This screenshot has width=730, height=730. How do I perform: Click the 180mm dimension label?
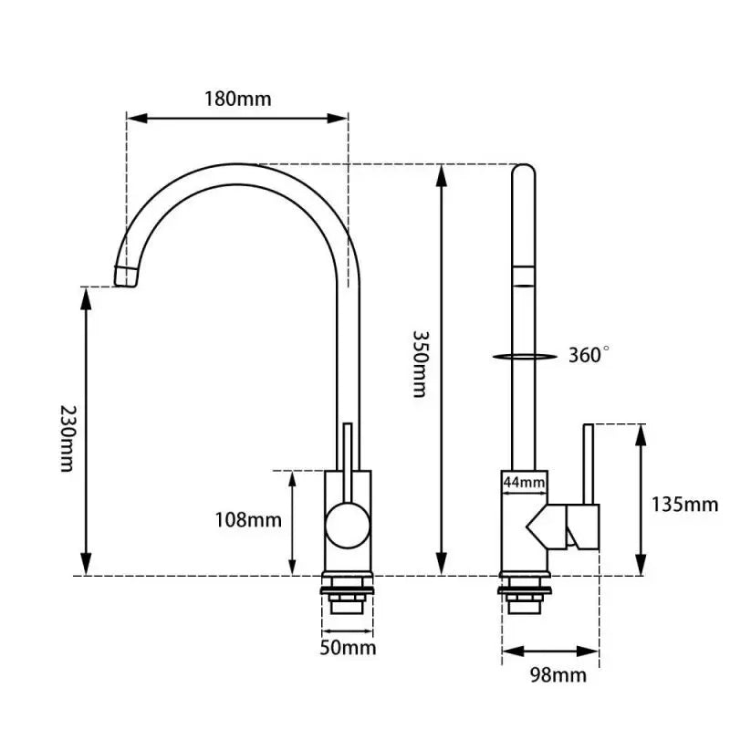tap(237, 99)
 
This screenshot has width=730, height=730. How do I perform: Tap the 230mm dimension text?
tap(68, 439)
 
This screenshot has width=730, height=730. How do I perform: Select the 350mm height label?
tap(421, 363)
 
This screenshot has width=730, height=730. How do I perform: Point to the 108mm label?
tap(247, 519)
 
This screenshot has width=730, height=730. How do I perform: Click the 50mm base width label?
tap(348, 648)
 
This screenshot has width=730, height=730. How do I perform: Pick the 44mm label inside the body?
tap(524, 483)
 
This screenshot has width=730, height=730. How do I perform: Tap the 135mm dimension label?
tap(683, 505)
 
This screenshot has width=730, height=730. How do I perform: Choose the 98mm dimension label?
tap(558, 674)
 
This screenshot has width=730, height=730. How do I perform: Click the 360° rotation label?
tap(589, 355)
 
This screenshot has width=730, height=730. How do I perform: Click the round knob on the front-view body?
tap(348, 526)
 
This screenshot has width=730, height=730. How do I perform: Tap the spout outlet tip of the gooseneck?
tap(126, 277)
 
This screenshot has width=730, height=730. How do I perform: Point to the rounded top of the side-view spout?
tap(523, 170)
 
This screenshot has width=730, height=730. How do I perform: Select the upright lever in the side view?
tap(589, 464)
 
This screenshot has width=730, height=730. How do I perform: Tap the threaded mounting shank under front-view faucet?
tap(348, 595)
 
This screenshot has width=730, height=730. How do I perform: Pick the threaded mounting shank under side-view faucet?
tap(524, 595)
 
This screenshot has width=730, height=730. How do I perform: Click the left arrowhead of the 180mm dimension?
tap(137, 119)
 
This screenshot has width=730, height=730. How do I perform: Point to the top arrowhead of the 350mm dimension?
tap(442, 175)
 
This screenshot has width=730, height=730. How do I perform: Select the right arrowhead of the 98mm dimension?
tap(588, 652)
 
